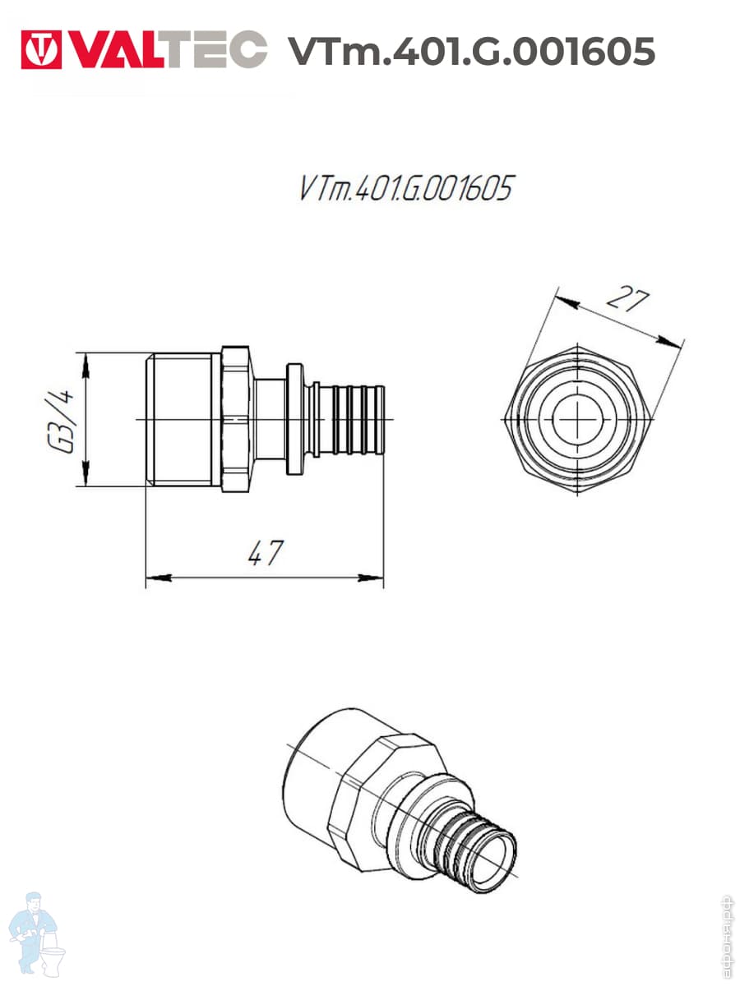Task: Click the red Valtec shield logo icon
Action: point(41,49)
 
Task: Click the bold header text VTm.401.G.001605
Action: point(471,50)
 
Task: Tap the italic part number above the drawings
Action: point(405,188)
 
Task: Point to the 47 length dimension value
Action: point(266,554)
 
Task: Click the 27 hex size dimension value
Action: point(627,298)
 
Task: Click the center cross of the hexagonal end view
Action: point(577,420)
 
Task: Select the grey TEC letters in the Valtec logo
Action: point(218,49)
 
